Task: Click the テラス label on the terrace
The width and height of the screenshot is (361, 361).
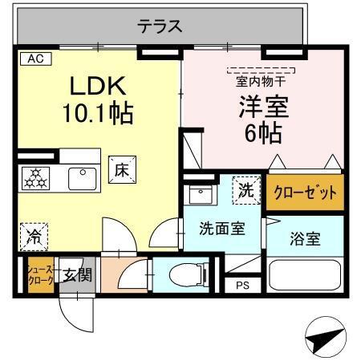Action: click(x=160, y=26)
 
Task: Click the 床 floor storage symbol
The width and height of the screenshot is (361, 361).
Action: click(x=123, y=169)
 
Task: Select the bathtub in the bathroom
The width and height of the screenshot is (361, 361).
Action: click(x=305, y=275)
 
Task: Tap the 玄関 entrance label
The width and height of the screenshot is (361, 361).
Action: click(x=79, y=275)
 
